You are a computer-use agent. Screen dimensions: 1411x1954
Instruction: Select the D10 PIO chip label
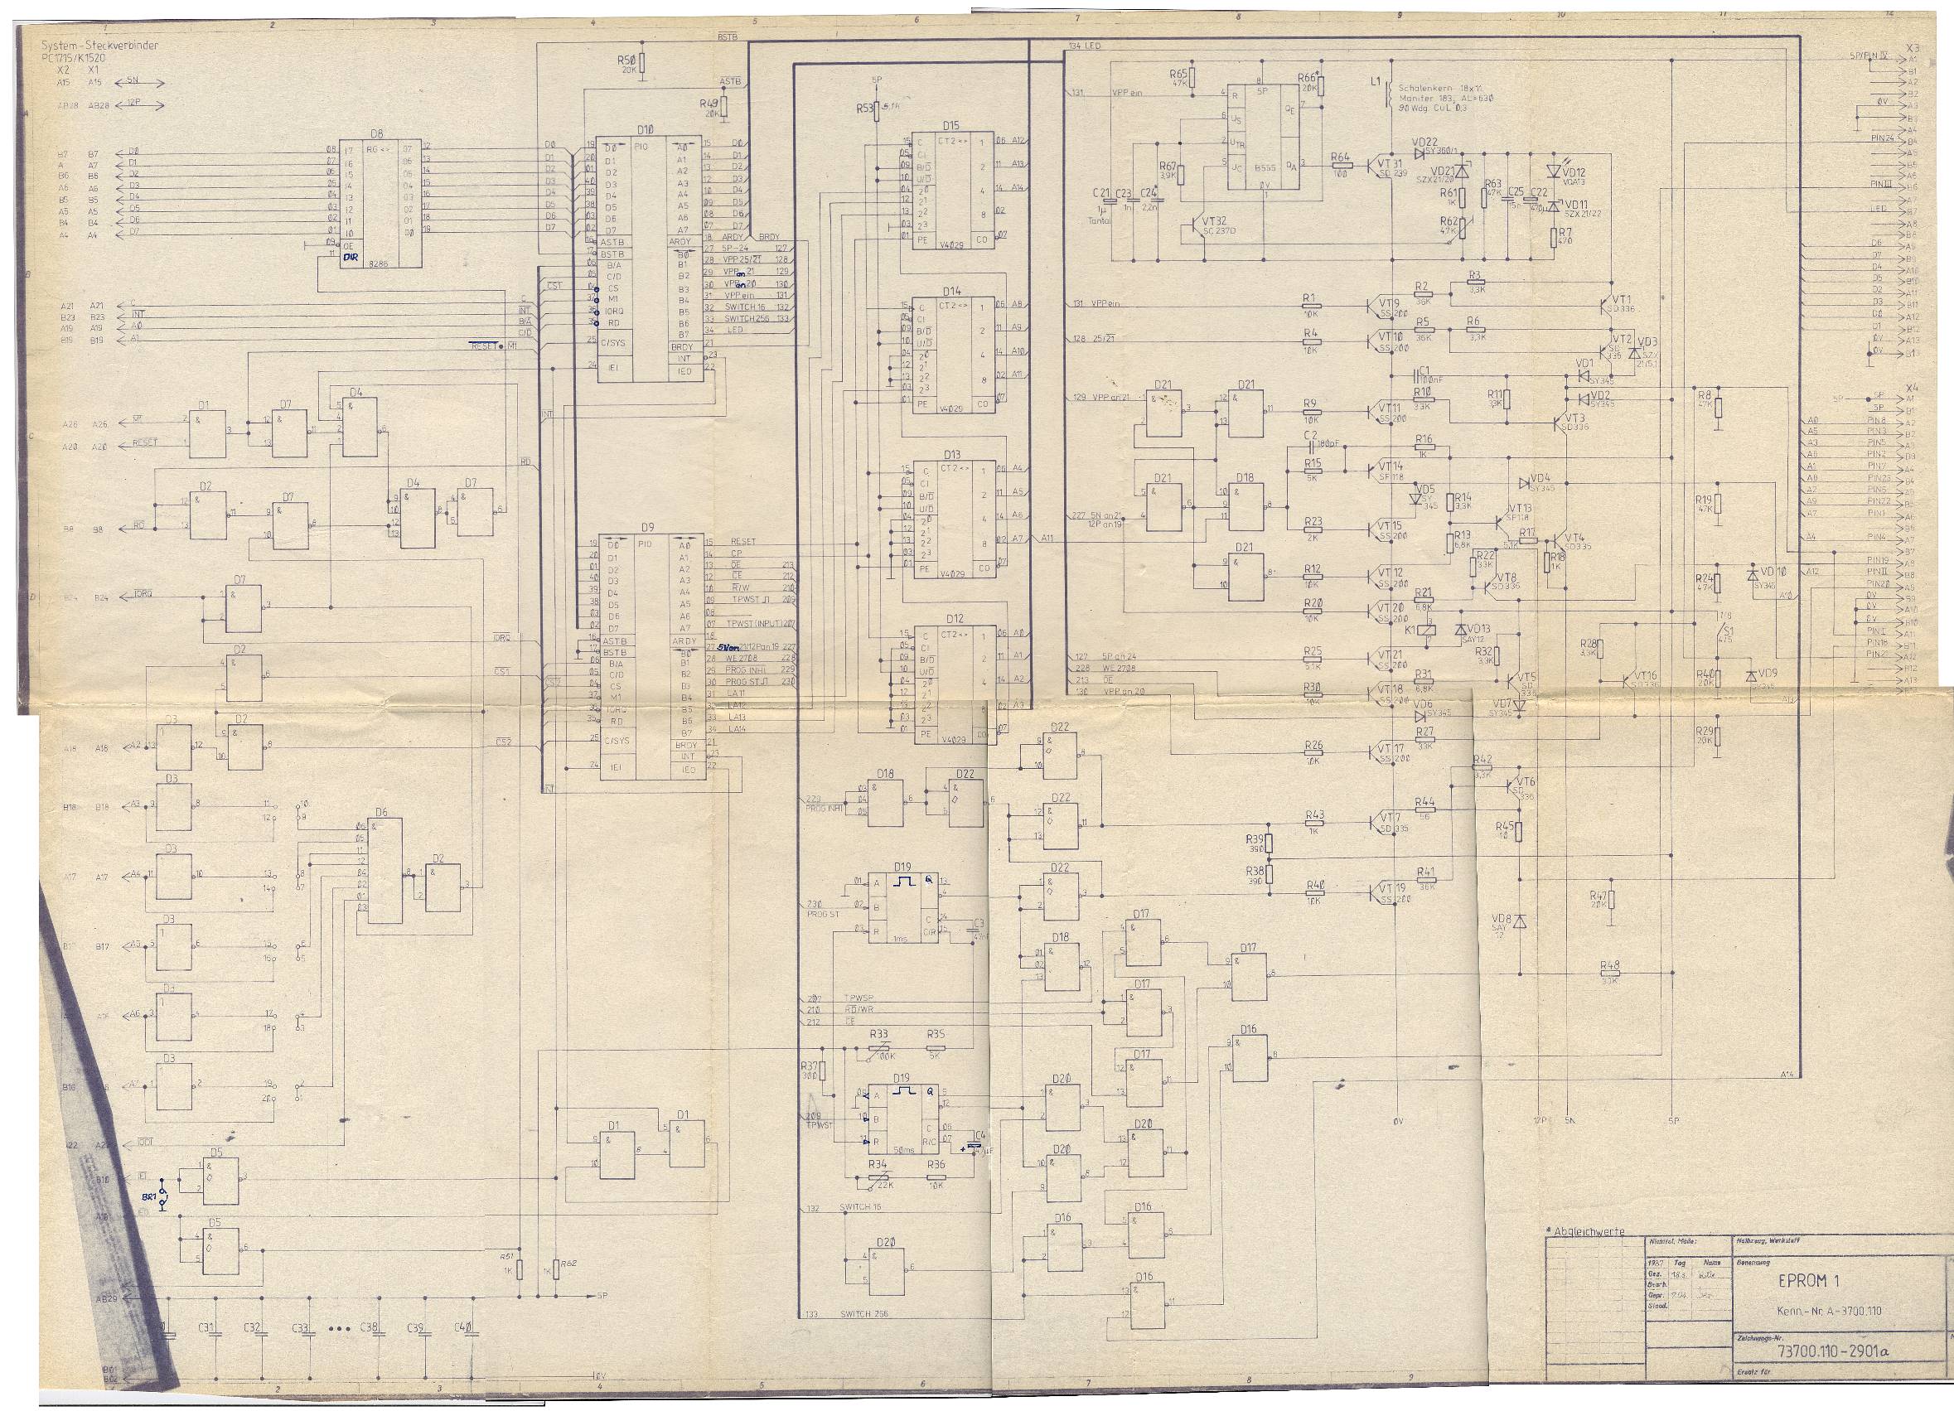[x=645, y=129]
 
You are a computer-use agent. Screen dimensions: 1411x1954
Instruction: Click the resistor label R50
[x=626, y=60]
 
